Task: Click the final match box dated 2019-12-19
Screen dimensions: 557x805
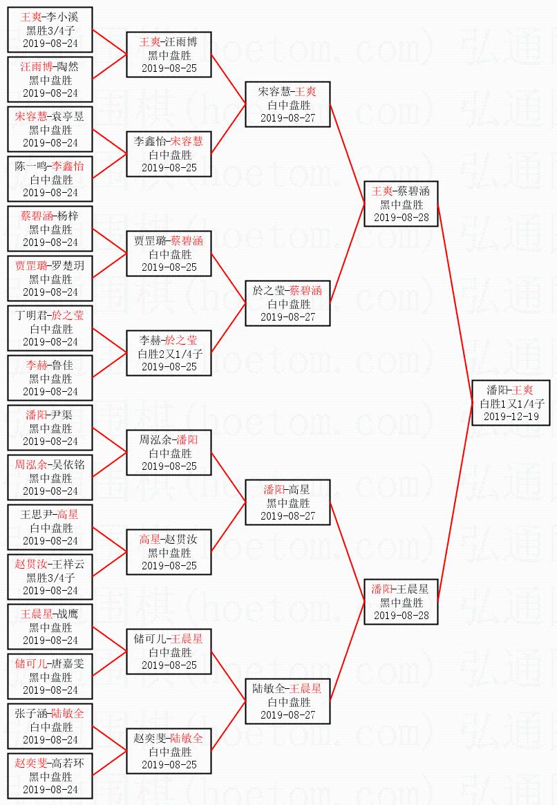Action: (x=511, y=403)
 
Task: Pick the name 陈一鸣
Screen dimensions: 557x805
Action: (x=32, y=167)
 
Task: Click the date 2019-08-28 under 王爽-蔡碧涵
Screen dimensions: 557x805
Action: (x=402, y=217)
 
